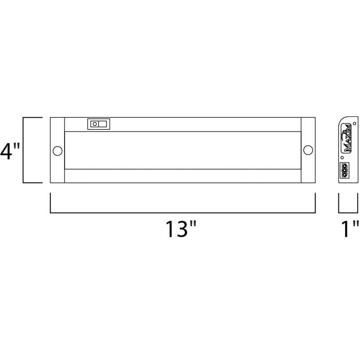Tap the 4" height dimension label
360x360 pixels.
click(10, 151)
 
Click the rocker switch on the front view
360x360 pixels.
click(99, 124)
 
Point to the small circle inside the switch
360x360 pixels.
click(95, 124)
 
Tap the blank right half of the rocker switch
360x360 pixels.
click(103, 124)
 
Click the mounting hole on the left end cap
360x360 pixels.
click(57, 151)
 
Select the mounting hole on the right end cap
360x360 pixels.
click(308, 150)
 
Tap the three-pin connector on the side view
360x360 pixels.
click(344, 170)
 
